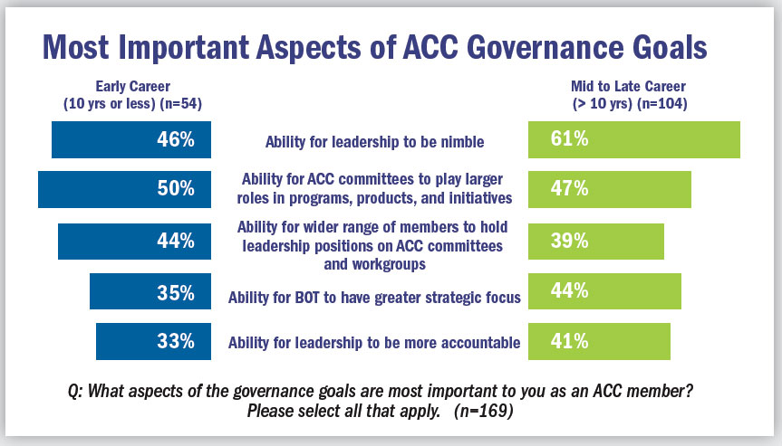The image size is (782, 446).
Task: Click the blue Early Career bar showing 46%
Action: click(x=131, y=140)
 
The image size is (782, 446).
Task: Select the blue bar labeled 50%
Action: click(x=124, y=189)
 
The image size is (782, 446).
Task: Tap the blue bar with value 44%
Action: click(x=134, y=241)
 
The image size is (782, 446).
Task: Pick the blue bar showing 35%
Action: click(x=150, y=292)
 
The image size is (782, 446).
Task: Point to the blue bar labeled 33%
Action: click(x=153, y=342)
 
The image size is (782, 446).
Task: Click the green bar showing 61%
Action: click(x=634, y=140)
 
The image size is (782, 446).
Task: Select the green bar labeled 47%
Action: click(x=610, y=189)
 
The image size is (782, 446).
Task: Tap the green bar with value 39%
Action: click(x=596, y=241)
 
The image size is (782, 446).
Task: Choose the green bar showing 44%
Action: click(x=604, y=291)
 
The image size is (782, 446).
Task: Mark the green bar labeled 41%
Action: click(x=599, y=342)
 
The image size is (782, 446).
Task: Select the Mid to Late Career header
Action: click(x=628, y=95)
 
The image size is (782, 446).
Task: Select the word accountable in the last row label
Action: click(x=478, y=343)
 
